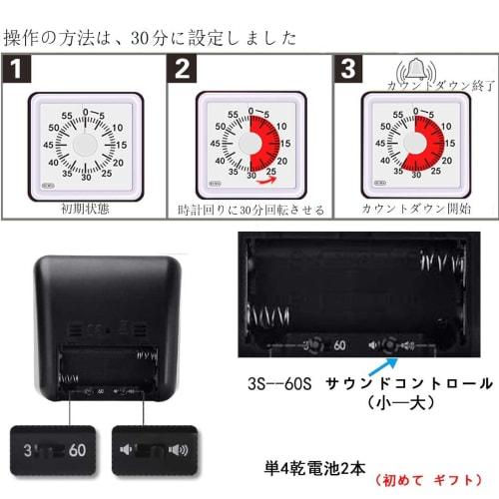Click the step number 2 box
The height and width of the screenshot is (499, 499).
[x=183, y=72]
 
